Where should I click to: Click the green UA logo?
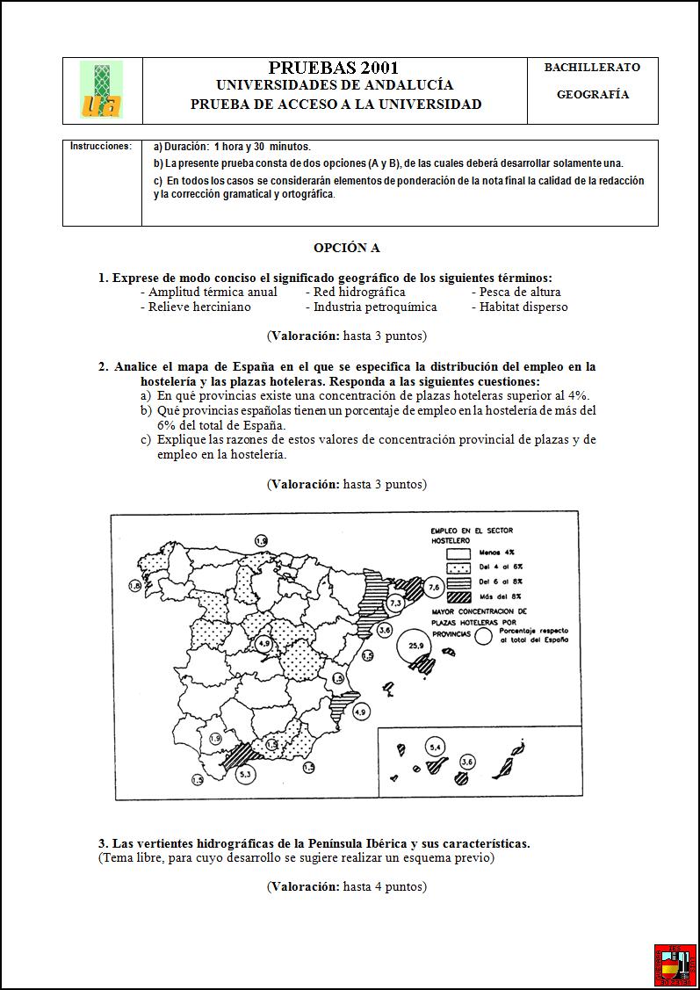tap(101, 90)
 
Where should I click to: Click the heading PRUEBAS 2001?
tap(333, 68)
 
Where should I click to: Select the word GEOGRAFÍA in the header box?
tap(593, 95)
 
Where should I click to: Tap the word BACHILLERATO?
tap(592, 67)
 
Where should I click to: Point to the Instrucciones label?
tap(101, 147)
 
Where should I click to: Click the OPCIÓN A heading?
tap(346, 249)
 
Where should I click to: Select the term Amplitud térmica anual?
tap(213, 292)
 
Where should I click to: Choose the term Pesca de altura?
tap(520, 292)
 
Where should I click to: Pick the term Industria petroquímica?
tap(375, 307)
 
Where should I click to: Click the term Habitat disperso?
tap(523, 307)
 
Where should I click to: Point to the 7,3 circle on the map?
tap(395, 603)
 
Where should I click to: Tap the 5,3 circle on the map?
tap(245, 774)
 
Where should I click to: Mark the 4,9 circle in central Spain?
tap(263, 644)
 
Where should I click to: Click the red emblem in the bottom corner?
tap(675, 965)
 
